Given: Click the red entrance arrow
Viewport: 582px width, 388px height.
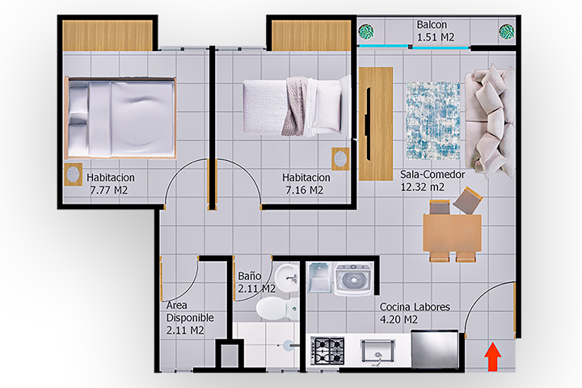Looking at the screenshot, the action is pos(492,356).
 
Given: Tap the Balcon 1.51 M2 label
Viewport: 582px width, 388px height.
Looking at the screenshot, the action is pos(435,31).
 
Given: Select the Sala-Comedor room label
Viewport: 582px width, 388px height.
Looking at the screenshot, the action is pos(432,174).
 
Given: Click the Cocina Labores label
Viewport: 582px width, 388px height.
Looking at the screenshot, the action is pos(415,307).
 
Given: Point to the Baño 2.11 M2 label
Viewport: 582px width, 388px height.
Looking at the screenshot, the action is pos(256,282).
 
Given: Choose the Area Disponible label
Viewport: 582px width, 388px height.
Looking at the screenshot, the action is pos(190,311).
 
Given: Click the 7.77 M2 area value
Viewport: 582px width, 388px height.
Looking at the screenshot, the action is pos(109,190).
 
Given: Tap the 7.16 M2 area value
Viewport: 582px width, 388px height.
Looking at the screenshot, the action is pos(305,190).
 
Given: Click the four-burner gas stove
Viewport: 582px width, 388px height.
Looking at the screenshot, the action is pos(327,351).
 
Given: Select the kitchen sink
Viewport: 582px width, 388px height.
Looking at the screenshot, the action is pos(377,351).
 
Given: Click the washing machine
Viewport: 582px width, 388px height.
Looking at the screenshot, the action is pos(353,279).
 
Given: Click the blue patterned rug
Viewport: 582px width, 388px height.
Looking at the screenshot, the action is pos(432,120).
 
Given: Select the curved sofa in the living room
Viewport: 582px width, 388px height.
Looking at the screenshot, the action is pos(491,120).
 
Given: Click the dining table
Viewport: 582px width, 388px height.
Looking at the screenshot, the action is pos(452,233).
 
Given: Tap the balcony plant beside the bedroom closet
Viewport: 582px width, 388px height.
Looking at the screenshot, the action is pos(366,32).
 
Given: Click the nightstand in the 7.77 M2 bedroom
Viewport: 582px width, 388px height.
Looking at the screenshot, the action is pos(73,174).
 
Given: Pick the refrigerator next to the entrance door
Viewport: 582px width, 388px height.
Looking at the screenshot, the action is pos(435,348).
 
